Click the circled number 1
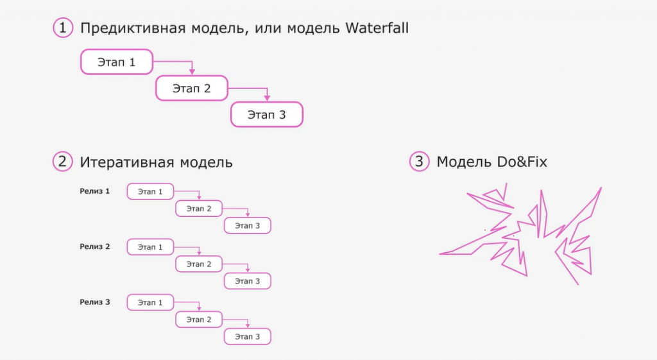coord(62,28)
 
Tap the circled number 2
coord(62,162)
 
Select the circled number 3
coord(419,162)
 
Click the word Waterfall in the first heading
coord(377,28)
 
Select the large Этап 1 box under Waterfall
coord(117,62)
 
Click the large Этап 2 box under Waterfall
coord(192,89)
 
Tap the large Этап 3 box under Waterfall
coord(267,115)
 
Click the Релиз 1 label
coord(95,191)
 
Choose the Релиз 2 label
coord(95,246)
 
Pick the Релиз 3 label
coord(95,302)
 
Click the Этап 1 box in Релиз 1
coord(150,191)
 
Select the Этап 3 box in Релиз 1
coord(247,226)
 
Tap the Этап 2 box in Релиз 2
coord(199,264)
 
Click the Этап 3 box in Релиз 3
coord(247,336)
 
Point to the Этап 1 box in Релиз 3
coord(150,302)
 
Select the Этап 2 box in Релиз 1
coord(199,209)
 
